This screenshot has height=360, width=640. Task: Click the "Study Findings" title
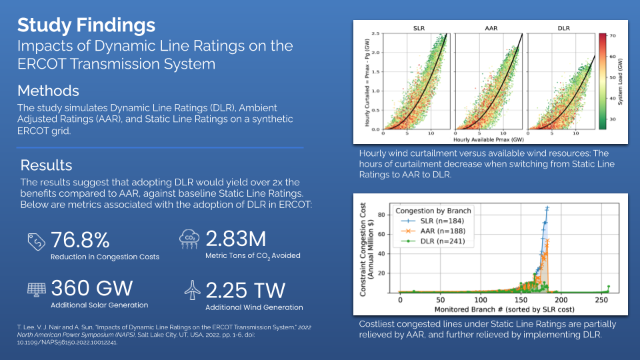point(86,25)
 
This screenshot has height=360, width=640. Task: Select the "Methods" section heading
point(48,91)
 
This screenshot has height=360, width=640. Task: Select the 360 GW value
point(92,288)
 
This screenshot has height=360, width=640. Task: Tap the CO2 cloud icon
point(189,239)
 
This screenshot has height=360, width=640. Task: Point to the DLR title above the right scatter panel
point(562,28)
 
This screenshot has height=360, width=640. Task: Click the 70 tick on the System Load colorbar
point(612,35)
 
